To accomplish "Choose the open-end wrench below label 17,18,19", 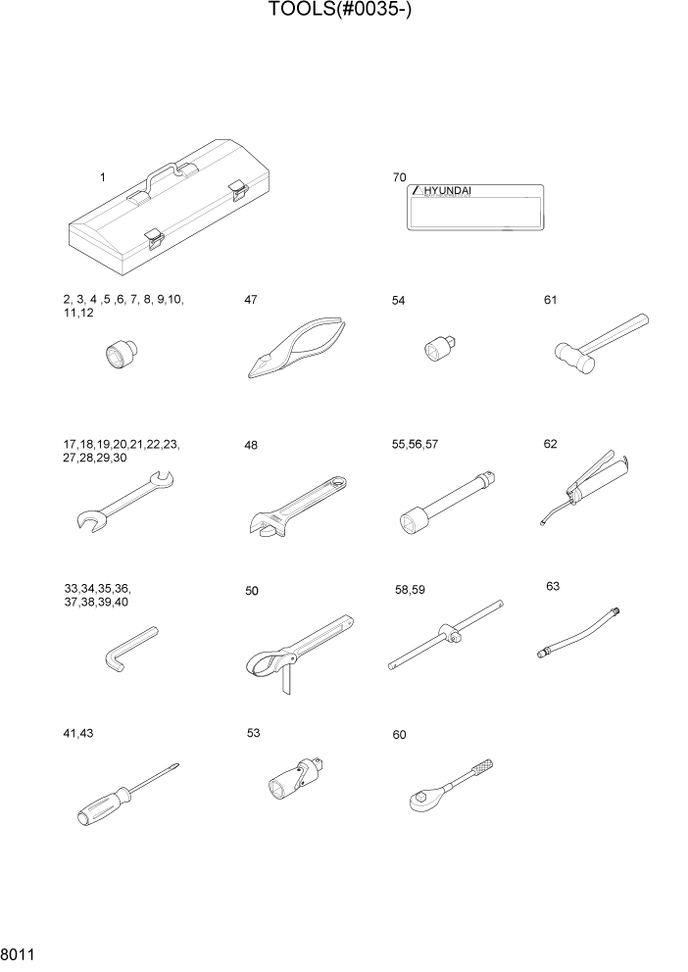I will pos(123,501).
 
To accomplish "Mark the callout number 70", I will pos(399,177).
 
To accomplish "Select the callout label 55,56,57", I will pos(415,444).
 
